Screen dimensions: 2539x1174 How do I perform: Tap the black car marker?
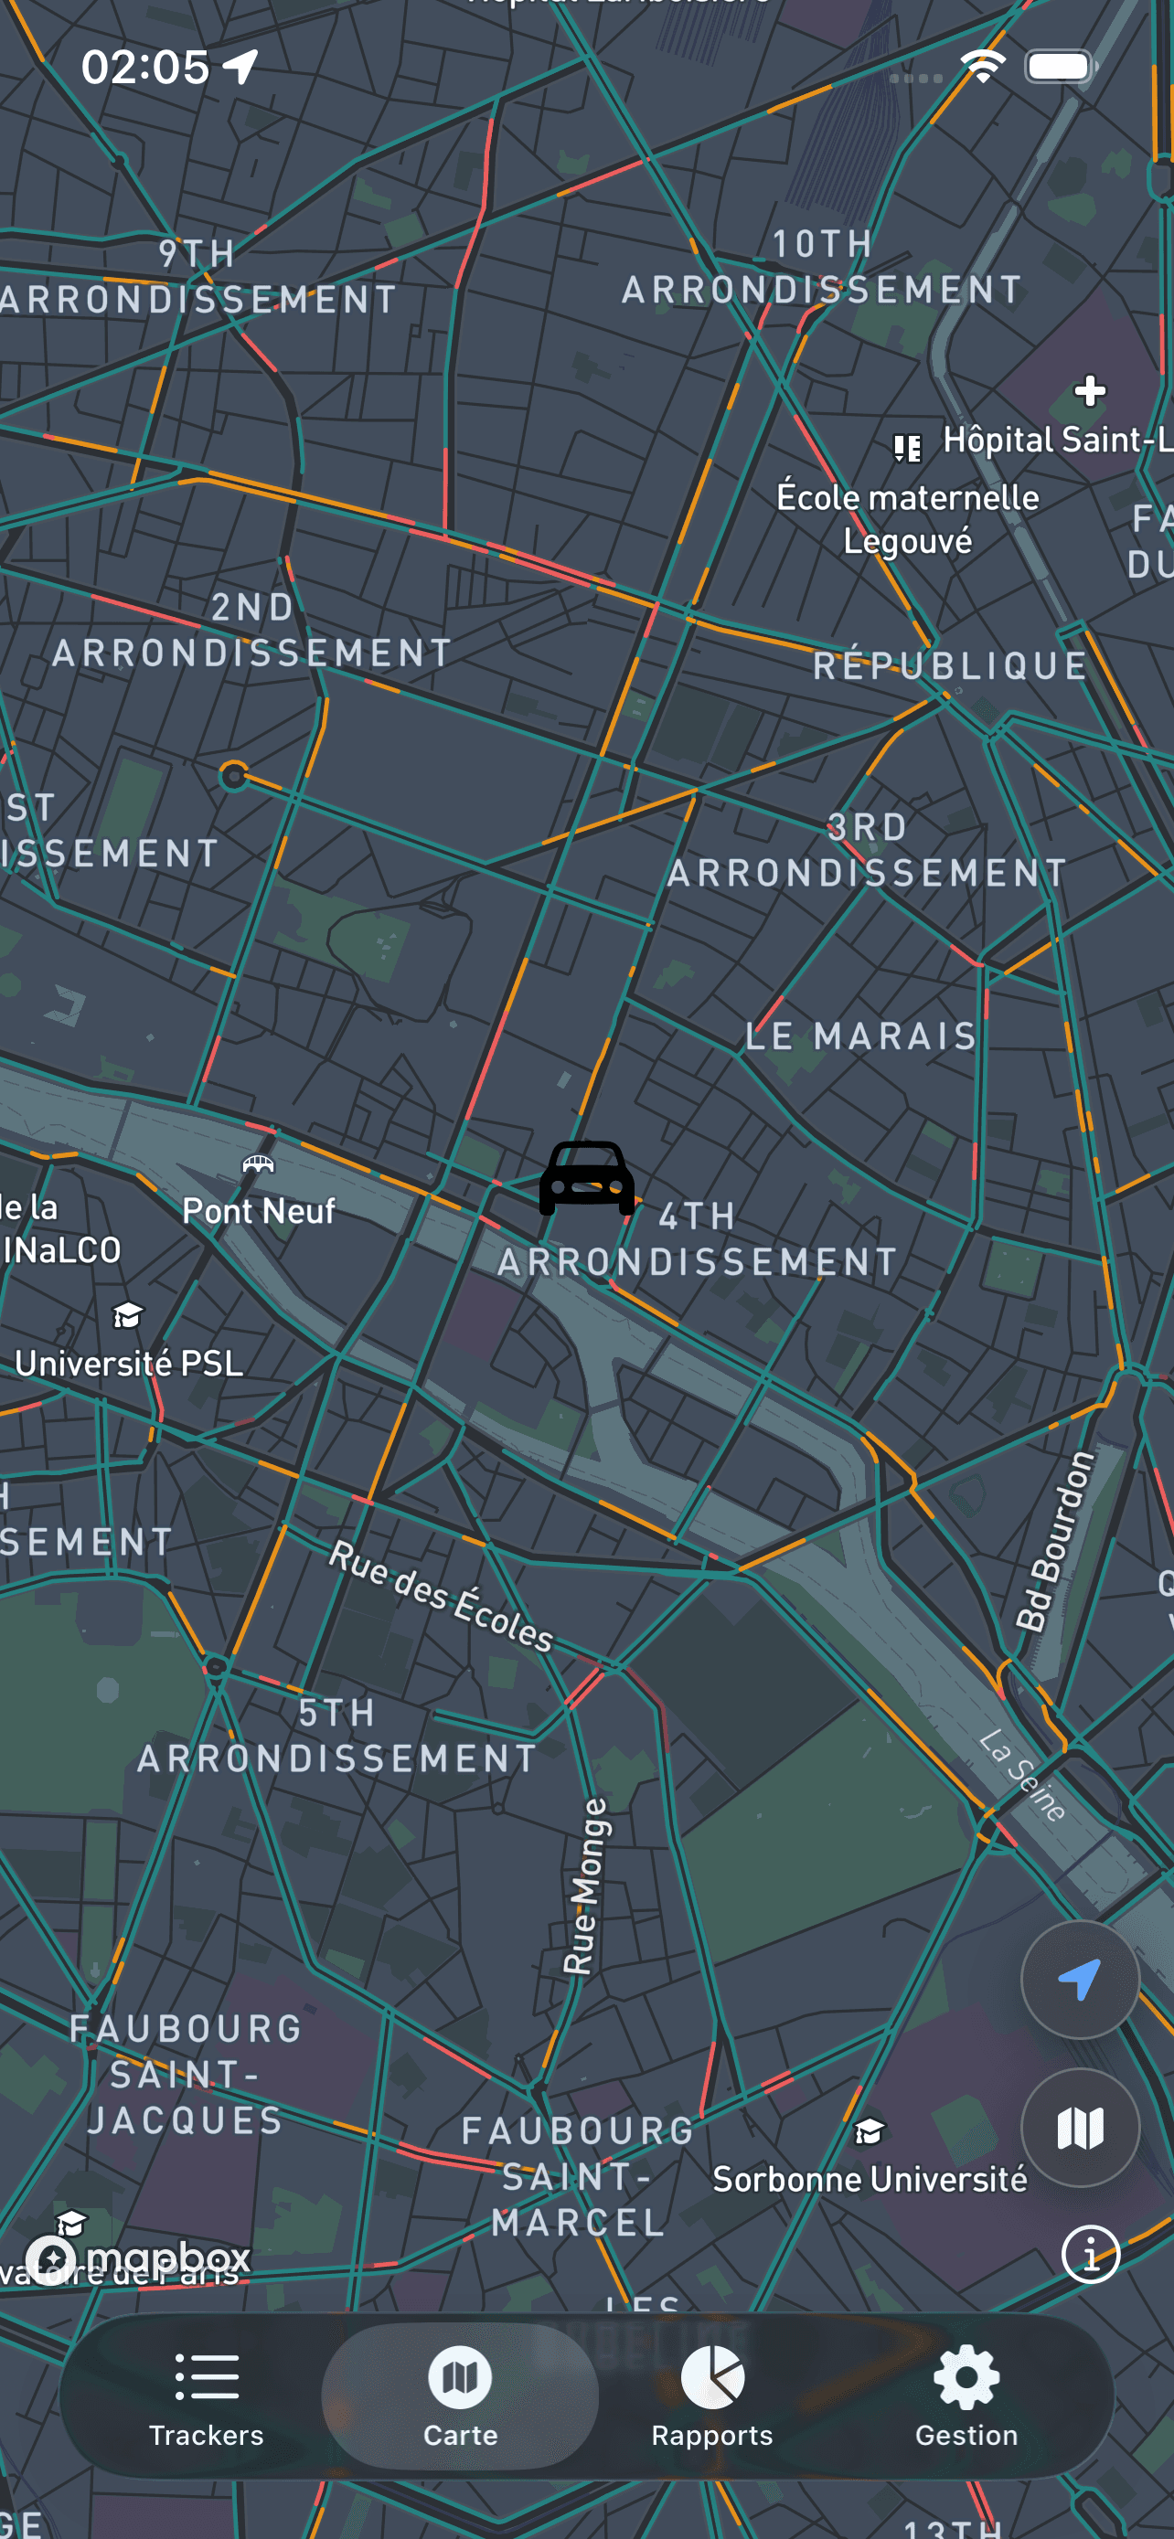pos(586,1178)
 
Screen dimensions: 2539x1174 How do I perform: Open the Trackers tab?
pos(206,2396)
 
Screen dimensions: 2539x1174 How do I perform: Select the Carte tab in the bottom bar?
pos(459,2396)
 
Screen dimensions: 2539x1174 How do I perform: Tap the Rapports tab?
pos(711,2396)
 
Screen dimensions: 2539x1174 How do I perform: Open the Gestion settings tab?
pos(966,2396)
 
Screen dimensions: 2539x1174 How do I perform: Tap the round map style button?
pos(1080,2128)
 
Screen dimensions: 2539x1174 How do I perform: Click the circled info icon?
pos(1090,2253)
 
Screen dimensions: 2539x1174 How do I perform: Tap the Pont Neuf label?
pos(258,1210)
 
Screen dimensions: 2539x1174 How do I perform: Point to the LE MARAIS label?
pos(860,1036)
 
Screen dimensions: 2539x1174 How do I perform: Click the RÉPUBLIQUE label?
pos(949,666)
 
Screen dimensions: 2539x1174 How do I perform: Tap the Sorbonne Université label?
pos(870,2179)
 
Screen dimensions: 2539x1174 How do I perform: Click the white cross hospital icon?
pos(1089,391)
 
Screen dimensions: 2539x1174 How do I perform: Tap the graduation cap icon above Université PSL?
pos(128,1315)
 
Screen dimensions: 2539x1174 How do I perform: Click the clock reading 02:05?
pos(144,67)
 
